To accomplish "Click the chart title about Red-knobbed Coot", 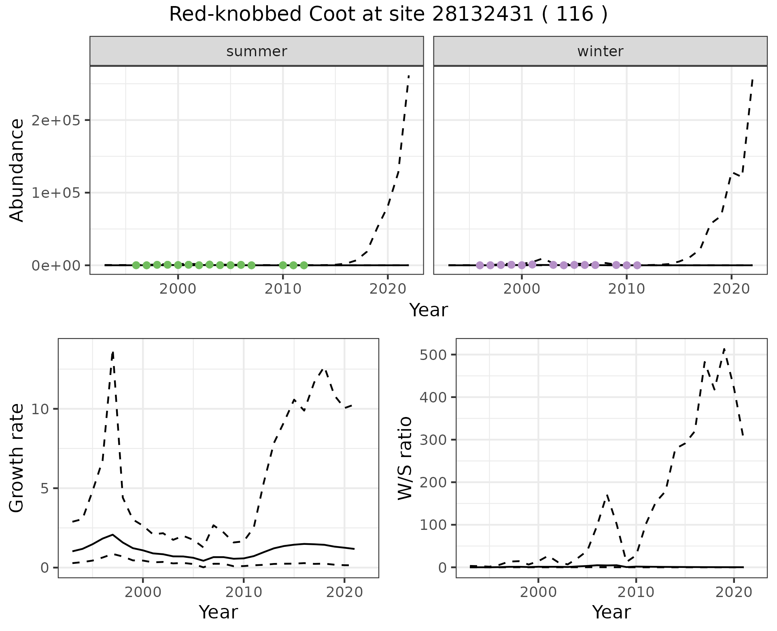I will [x=388, y=15].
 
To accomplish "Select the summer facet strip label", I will [x=257, y=51].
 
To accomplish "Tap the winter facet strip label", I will [x=600, y=51].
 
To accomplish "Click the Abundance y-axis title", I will [x=17, y=170].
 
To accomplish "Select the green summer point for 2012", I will [x=304, y=265].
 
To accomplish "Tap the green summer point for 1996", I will [x=136, y=265].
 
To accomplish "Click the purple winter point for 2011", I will [x=637, y=265].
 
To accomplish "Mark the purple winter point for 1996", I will [x=480, y=265].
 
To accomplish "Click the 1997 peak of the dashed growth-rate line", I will [x=113, y=352].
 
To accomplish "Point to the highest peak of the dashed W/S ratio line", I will [x=724, y=349].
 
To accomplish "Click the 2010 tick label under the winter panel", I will [x=626, y=289].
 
